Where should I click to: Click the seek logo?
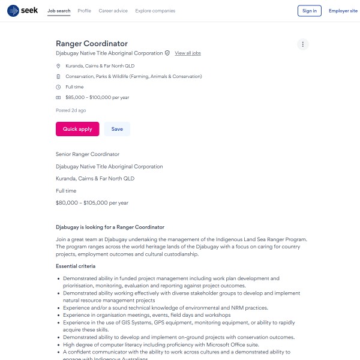pos(23,11)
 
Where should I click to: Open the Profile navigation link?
pos(85,11)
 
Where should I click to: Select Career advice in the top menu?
pos(113,11)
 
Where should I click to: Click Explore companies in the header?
pos(155,11)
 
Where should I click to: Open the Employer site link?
pos(343,11)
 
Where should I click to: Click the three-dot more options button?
pos(303,44)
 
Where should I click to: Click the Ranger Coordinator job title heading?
pos(92,44)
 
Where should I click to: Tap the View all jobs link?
pos(188,53)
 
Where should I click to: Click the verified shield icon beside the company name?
pos(167,53)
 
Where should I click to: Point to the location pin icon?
pos(58,65)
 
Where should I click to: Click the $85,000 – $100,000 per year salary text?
pos(97,97)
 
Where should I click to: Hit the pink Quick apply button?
pos(77,129)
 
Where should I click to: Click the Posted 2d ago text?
pos(71,110)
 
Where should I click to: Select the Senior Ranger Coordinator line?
pos(88,154)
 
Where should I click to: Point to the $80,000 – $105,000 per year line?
pos(92,203)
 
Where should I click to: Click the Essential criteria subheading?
pos(76,266)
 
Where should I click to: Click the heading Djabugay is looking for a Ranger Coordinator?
pos(110,227)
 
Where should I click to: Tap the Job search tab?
pos(59,11)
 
